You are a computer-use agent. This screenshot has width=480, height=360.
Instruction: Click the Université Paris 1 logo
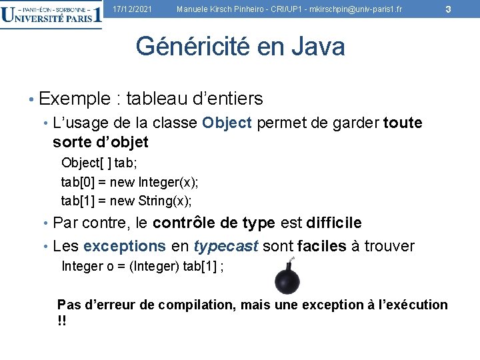coord(51,14)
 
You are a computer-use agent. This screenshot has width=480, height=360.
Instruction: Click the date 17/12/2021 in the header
coord(132,9)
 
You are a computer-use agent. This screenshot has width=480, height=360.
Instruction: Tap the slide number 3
coord(448,9)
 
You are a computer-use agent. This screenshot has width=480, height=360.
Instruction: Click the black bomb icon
coord(287,277)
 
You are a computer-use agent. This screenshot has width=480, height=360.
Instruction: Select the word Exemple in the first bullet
coord(74,99)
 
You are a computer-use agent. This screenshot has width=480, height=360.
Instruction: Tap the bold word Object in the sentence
coord(227,123)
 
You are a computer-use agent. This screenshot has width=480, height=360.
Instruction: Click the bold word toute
coord(403,123)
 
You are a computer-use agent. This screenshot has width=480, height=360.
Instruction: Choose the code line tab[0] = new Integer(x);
coord(129,181)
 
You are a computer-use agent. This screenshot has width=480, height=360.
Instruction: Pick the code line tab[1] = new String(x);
coord(126,200)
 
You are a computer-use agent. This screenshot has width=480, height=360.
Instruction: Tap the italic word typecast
coord(225,246)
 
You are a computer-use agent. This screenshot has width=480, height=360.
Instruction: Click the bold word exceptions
coord(125,246)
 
